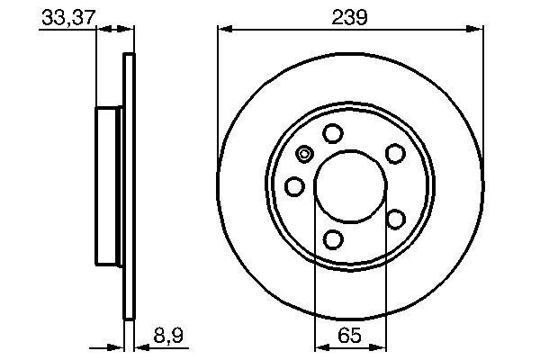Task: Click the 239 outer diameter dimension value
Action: coord(348,16)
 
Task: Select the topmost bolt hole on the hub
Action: coord(333,134)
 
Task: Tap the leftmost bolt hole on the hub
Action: coord(294,186)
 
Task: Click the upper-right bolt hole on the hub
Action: coord(394,154)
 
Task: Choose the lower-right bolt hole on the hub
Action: coord(394,219)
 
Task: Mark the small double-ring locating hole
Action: coord(304,155)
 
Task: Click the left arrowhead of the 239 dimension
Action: coord(224,31)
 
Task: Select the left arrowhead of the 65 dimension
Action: coord(319,346)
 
